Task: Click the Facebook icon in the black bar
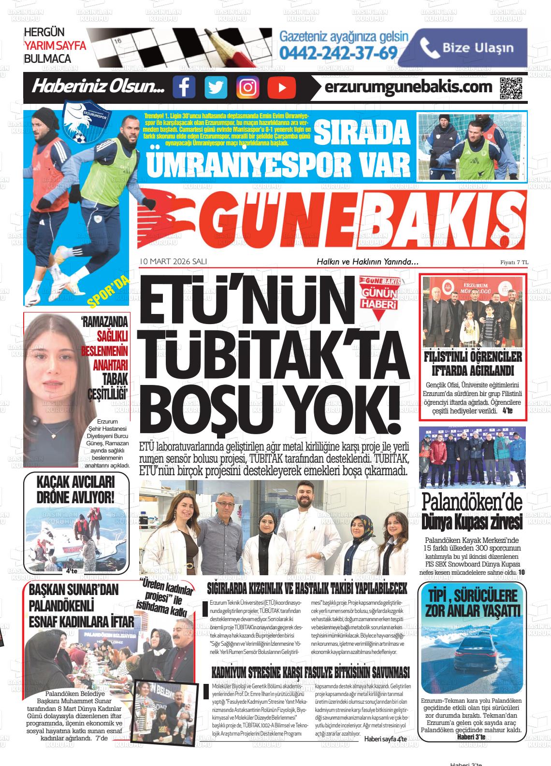click(184, 87)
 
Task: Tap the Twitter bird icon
click(216, 87)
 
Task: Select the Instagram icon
click(247, 87)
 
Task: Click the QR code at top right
click(511, 87)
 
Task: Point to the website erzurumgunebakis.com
click(408, 87)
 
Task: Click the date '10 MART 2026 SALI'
click(173, 261)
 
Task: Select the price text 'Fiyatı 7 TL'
click(514, 262)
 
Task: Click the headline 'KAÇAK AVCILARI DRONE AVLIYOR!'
click(76, 490)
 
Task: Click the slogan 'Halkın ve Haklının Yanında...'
click(367, 262)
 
